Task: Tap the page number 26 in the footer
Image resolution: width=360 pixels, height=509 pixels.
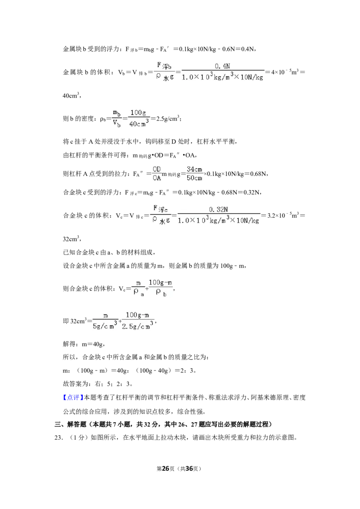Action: [x=166, y=469]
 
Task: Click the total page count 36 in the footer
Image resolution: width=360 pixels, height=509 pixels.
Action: [x=189, y=469]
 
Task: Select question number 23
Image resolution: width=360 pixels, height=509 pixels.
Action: [x=58, y=438]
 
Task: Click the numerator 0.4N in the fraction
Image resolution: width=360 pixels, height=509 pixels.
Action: [x=222, y=66]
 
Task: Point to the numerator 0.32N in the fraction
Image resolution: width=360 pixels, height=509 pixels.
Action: [x=218, y=210]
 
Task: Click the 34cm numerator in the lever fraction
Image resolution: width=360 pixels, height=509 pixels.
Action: [x=194, y=170]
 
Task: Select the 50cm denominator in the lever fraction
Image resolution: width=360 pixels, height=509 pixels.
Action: [x=194, y=178]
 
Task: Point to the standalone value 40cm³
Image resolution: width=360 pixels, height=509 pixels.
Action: [x=71, y=95]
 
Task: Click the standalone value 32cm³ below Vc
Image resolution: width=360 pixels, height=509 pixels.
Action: [x=71, y=239]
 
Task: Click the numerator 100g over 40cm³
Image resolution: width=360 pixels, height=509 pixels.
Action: [x=138, y=113]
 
